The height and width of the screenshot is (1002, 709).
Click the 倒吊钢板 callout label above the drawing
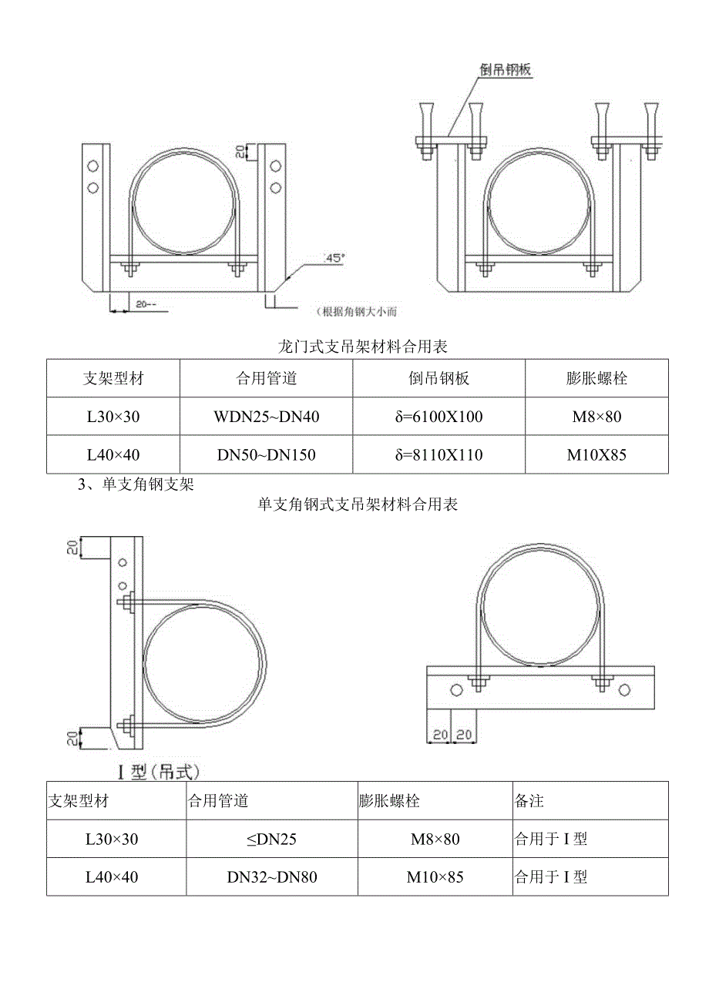pyautogui.click(x=506, y=69)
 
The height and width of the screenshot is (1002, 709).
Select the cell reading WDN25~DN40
pyautogui.click(x=267, y=417)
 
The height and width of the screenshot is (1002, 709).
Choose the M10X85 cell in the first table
pyautogui.click(x=596, y=454)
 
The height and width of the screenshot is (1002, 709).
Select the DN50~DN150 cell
pyautogui.click(x=267, y=454)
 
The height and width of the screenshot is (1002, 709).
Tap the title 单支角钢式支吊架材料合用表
pyautogui.click(x=358, y=504)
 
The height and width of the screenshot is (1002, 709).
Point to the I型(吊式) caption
pyautogui.click(x=157, y=770)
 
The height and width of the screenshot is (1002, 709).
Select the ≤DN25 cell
pyautogui.click(x=271, y=839)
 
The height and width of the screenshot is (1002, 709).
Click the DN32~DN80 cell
pyautogui.click(x=271, y=876)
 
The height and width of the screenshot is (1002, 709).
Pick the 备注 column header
pyautogui.click(x=529, y=801)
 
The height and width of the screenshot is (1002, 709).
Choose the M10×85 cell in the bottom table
pyautogui.click(x=435, y=876)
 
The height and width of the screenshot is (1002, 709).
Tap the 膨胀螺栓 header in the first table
pyautogui.click(x=596, y=378)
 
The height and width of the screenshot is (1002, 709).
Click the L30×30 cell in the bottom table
pyautogui.click(x=113, y=839)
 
